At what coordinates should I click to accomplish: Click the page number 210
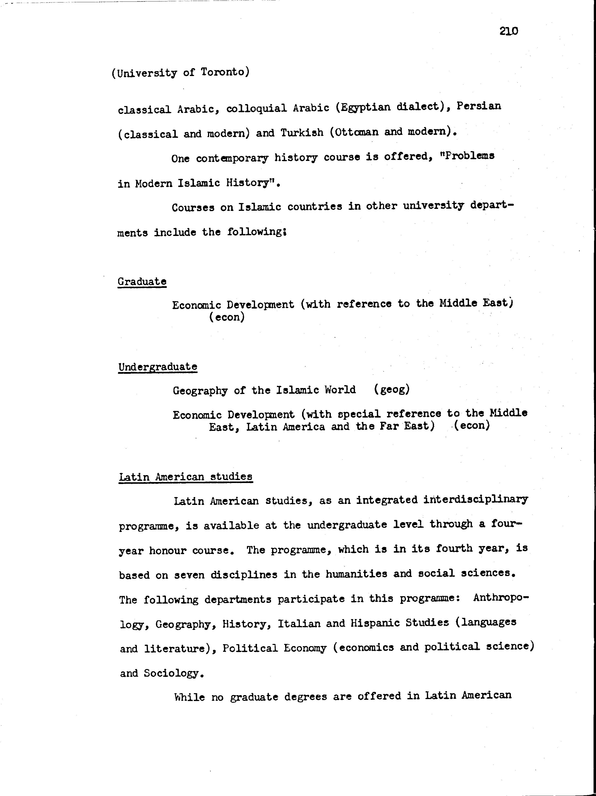(x=509, y=31)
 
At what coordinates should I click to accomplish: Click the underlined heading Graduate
(x=142, y=281)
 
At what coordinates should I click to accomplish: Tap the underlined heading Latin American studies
(x=185, y=477)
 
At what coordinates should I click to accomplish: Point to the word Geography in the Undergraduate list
(x=200, y=390)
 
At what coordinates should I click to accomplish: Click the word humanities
(x=356, y=574)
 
